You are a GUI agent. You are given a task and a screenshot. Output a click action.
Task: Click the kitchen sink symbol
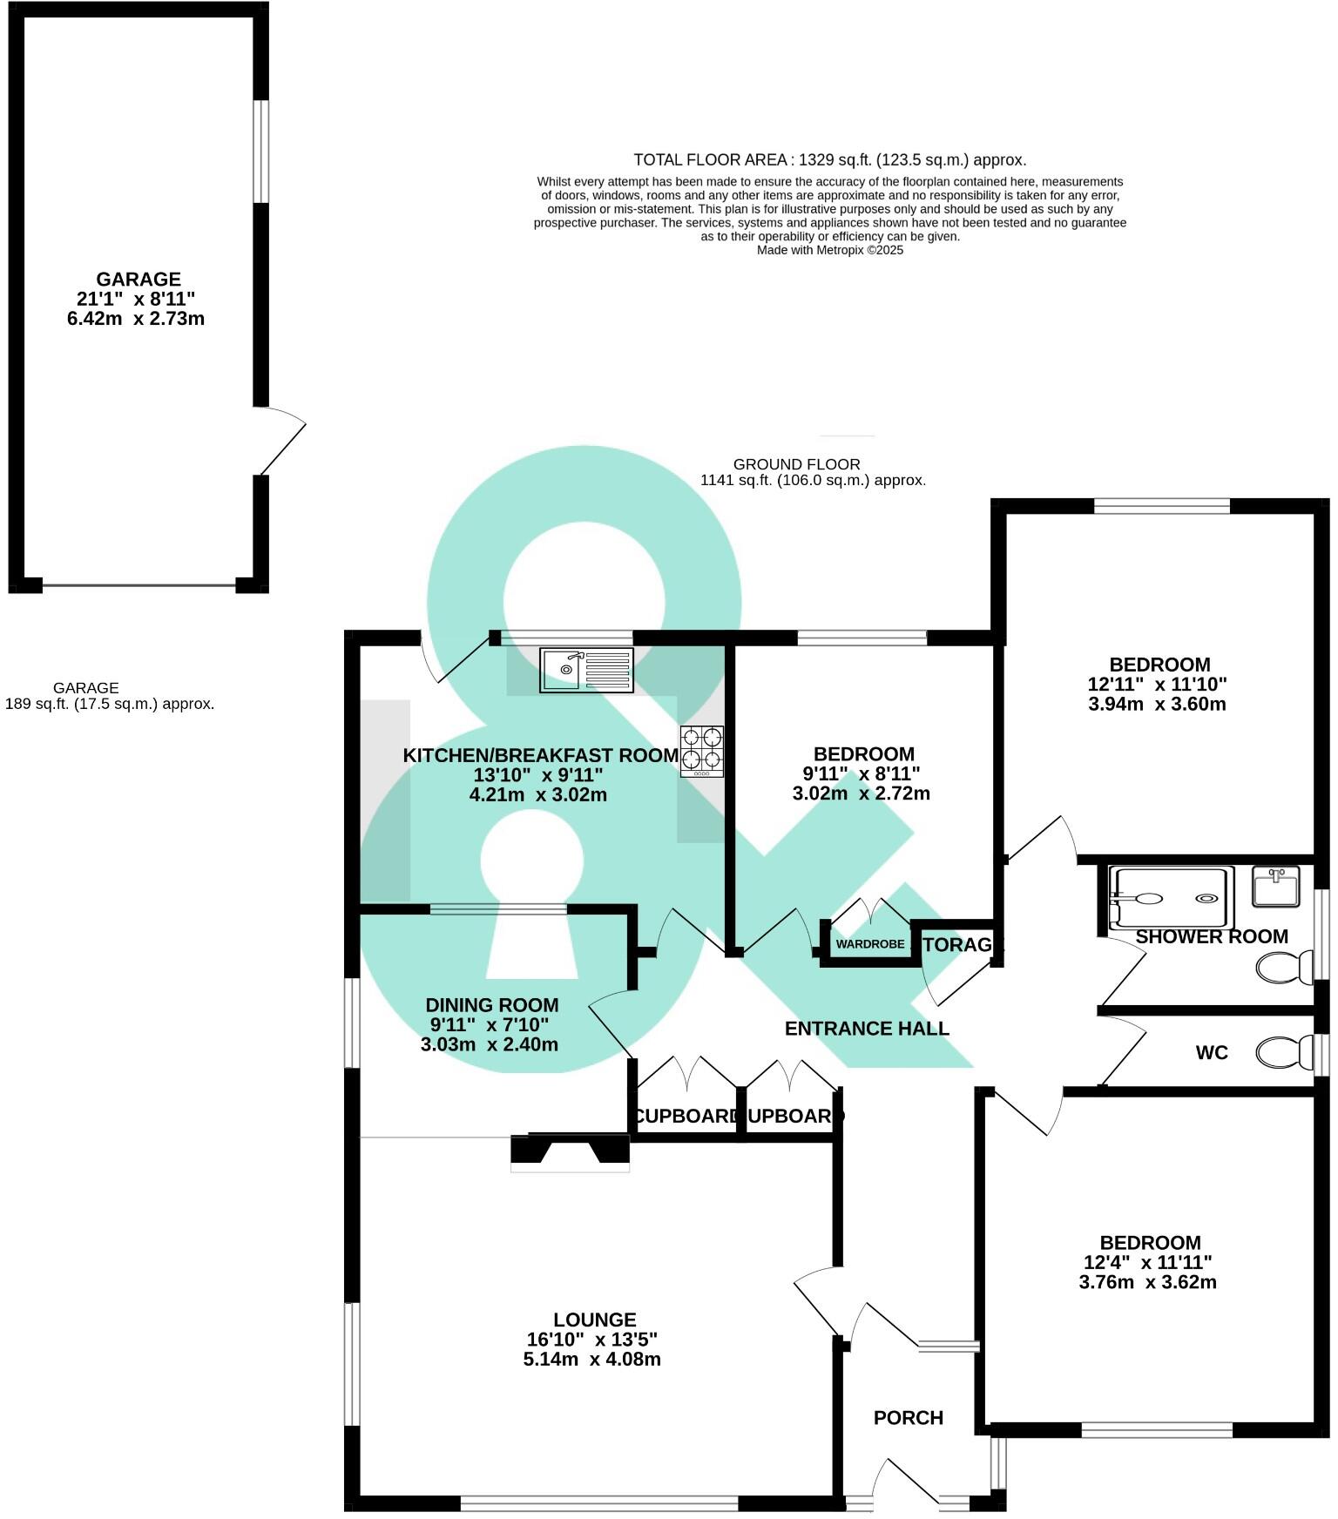[586, 670]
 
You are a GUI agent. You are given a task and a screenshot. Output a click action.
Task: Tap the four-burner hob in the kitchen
[701, 751]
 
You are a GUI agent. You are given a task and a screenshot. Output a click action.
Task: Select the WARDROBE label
[870, 944]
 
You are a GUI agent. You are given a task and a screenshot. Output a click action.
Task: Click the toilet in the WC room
[1286, 1052]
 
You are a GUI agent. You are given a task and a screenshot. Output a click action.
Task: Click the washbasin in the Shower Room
[1275, 886]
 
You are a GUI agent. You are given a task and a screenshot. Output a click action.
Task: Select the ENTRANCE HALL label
[867, 1029]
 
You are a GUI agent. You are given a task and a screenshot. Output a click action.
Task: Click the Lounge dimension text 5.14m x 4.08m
[591, 1360]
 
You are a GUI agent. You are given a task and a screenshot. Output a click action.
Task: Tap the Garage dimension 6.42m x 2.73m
[136, 319]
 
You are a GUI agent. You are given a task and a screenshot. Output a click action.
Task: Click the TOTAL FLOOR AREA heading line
[829, 160]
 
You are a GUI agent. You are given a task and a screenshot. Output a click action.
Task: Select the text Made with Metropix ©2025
[829, 250]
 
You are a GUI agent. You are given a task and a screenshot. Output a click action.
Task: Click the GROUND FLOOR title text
[796, 464]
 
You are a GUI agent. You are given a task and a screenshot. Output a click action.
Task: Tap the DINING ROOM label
[491, 1005]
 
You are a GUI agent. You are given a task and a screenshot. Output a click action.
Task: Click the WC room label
[1211, 1053]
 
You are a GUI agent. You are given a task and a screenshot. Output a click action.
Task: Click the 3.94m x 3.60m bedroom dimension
[1157, 705]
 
